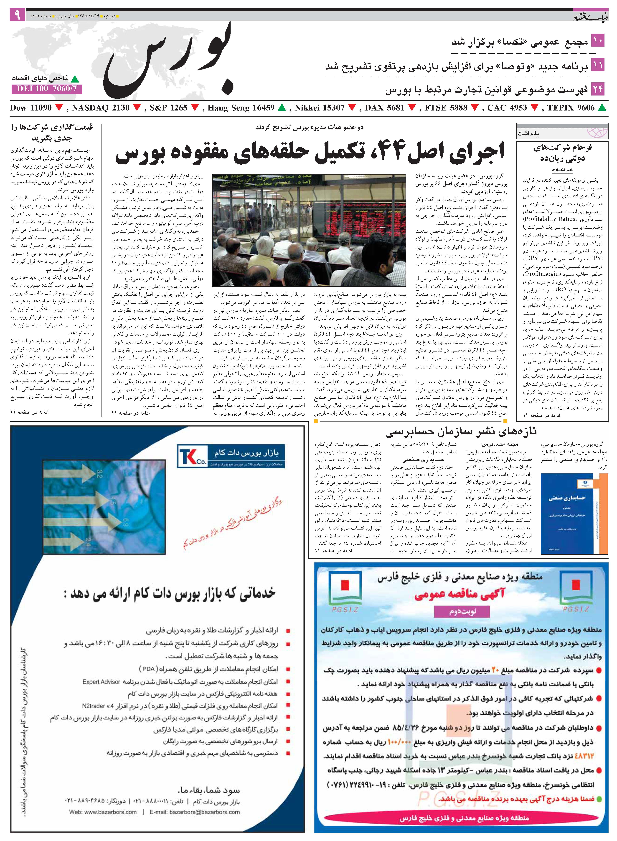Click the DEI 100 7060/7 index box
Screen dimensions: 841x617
click(x=47, y=89)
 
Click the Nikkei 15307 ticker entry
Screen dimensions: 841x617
click(x=319, y=108)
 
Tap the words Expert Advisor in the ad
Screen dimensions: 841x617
click(x=102, y=682)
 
